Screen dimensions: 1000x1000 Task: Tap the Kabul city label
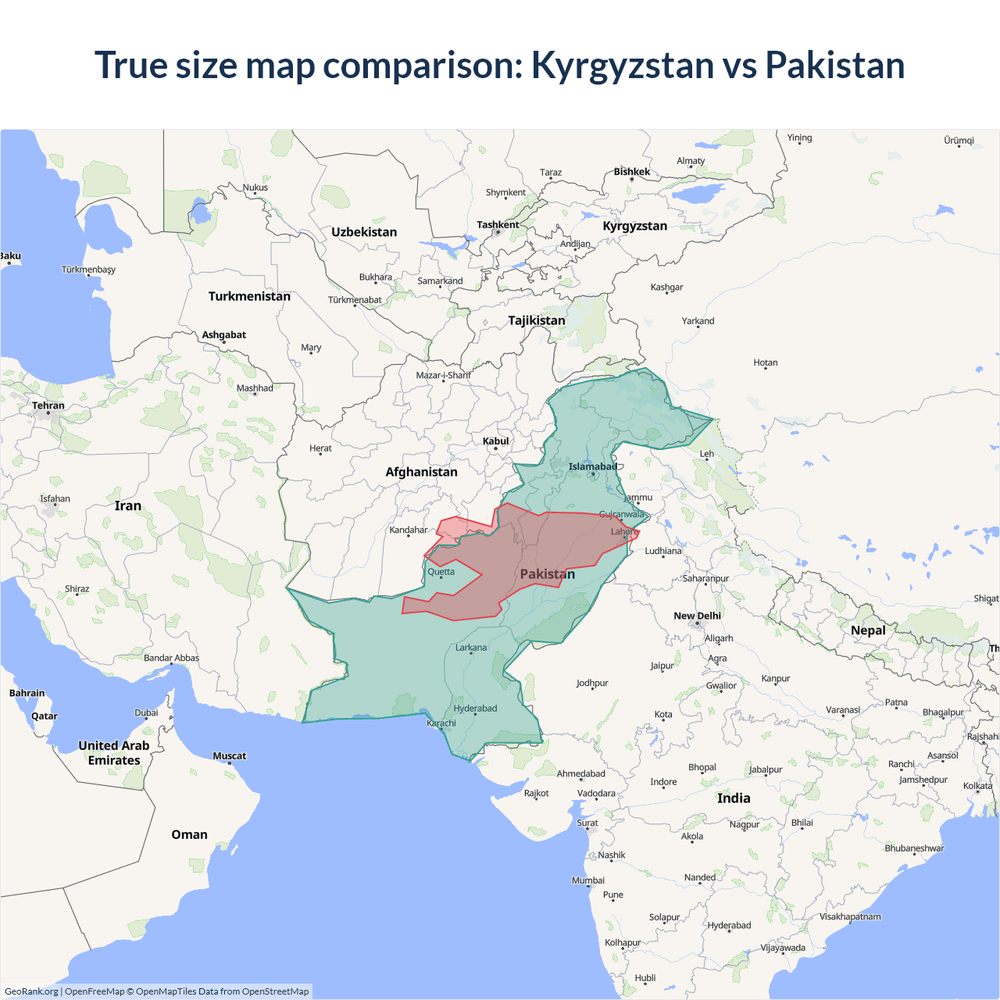[x=495, y=441]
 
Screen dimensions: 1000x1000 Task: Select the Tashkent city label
[x=498, y=225]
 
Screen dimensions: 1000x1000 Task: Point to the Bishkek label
[x=631, y=172]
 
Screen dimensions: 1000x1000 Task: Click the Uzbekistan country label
[x=364, y=232]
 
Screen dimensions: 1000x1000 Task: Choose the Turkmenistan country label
[x=249, y=296]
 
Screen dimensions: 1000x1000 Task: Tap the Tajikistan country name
[x=536, y=320]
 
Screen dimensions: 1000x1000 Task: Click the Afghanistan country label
[x=421, y=472]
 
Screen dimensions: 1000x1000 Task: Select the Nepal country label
[x=868, y=630]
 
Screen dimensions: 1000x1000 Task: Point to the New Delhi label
[x=697, y=616]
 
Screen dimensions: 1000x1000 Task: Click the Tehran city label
[x=48, y=405]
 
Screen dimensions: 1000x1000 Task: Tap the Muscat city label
[x=229, y=755]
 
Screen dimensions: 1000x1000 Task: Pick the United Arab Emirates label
[x=114, y=753]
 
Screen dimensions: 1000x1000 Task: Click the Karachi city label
[x=441, y=723]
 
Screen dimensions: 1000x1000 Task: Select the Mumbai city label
[x=587, y=880]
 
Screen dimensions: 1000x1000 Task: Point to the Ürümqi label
[x=959, y=141]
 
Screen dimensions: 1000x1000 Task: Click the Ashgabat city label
[x=223, y=335]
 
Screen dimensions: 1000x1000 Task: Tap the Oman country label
[x=189, y=834]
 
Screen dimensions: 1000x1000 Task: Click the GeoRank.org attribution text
[x=31, y=991]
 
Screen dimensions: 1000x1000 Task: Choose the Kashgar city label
[x=666, y=287]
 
